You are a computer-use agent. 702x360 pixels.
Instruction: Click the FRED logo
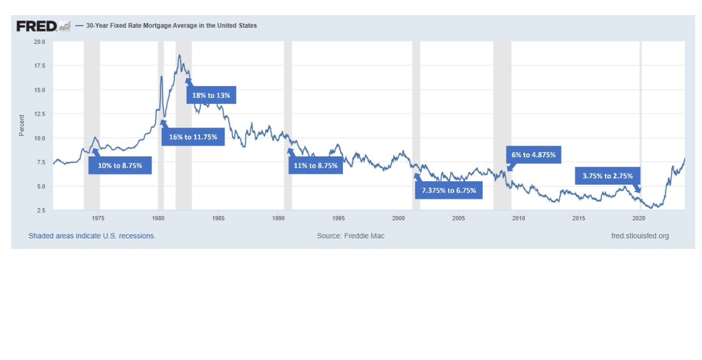point(43,26)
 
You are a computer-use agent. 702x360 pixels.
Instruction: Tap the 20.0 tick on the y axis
point(39,42)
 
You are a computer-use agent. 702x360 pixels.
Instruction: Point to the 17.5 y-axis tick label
point(39,66)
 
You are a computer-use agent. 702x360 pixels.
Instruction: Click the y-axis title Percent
point(21,126)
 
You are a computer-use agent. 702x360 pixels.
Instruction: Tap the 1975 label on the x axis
point(98,217)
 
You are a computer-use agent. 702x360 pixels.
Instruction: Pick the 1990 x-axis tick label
point(278,217)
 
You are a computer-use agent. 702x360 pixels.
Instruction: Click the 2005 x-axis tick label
point(458,217)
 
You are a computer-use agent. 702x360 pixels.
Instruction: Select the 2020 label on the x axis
point(639,217)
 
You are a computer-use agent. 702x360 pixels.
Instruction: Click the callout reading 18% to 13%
point(211,95)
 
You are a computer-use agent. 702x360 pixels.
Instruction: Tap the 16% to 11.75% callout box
point(193,137)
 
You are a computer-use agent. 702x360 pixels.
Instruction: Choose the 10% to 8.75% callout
point(120,166)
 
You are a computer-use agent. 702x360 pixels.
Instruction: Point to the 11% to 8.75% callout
point(315,166)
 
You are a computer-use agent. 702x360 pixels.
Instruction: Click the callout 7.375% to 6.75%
point(449,190)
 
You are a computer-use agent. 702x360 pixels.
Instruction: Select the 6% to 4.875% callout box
point(533,154)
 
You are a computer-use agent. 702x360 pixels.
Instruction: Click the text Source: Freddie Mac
point(350,236)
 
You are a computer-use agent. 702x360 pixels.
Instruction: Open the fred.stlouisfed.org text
point(640,236)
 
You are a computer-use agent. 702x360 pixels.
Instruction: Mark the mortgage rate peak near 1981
point(179,55)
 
